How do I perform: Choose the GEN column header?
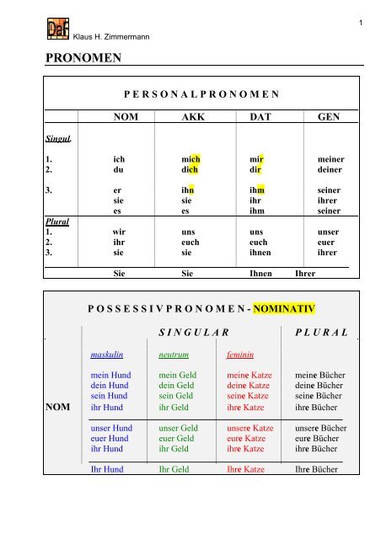pyautogui.click(x=329, y=118)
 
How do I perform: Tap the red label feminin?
pyautogui.click(x=244, y=355)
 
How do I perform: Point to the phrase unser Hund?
pyautogui.click(x=111, y=428)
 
